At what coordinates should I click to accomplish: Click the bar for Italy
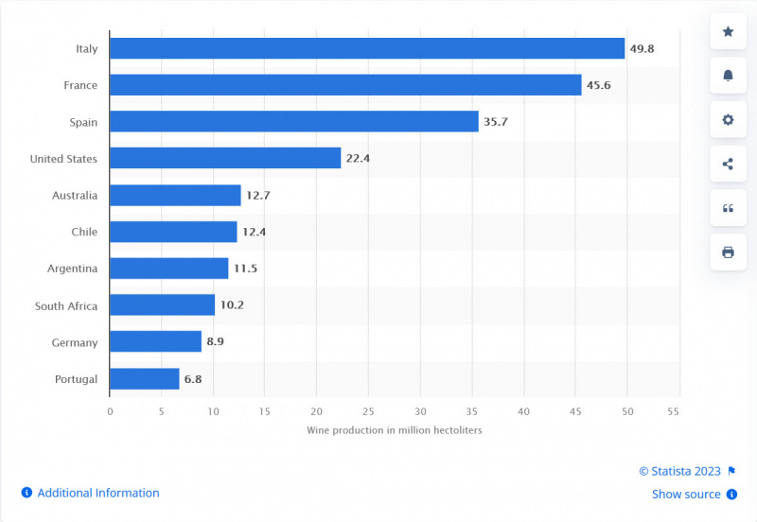367,48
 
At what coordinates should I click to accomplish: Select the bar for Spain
294,121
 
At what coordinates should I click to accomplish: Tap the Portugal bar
145,379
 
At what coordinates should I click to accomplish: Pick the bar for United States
225,158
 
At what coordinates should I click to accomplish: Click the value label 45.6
599,85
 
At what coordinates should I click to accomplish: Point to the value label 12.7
258,195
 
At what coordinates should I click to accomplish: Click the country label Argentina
72,269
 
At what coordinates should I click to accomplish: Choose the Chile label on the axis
84,232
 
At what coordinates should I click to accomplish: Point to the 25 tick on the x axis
368,411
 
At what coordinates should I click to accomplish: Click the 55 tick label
674,411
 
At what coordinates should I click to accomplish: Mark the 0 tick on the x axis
110,411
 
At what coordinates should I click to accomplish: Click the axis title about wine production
395,430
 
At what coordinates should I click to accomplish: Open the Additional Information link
98,493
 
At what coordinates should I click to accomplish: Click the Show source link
686,494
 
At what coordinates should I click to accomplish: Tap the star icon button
728,32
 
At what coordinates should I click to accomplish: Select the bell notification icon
728,76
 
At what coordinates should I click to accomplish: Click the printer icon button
728,252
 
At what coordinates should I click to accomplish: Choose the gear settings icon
728,120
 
